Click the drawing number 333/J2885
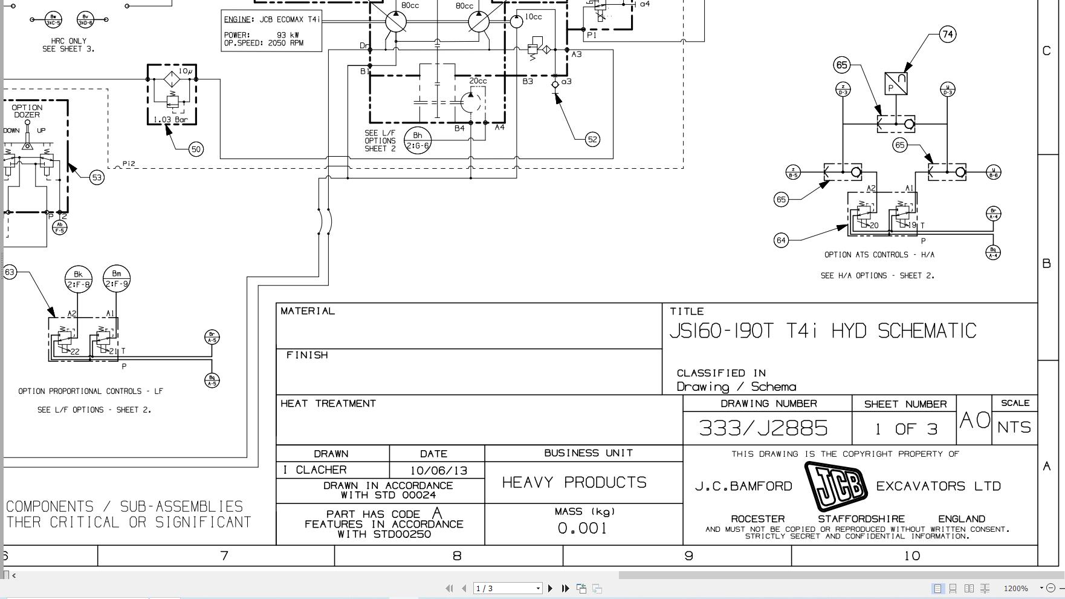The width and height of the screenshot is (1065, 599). coord(763,428)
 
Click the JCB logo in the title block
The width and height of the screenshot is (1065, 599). coord(836,486)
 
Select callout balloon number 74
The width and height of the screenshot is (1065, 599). coord(947,34)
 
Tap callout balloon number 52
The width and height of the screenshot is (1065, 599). coord(592,140)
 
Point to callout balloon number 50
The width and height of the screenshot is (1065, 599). coord(196,149)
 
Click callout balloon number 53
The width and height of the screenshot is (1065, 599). coord(97,177)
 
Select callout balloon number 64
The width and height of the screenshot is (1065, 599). coord(781,240)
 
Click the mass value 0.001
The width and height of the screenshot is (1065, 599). coord(582,528)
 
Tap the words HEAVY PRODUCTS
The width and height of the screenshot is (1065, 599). coord(574,482)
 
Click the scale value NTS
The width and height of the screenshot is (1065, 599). coord(1014,427)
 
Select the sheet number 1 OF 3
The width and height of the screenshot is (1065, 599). coord(905,429)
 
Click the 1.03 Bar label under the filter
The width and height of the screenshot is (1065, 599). coord(171,120)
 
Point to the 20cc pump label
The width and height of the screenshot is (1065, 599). coord(478,81)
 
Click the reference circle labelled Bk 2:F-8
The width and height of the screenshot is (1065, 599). coord(78,279)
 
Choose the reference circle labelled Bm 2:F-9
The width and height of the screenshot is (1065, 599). coord(117,279)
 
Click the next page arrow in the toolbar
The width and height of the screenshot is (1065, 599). coord(550,588)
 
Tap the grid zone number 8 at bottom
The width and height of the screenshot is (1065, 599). coord(457,555)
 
